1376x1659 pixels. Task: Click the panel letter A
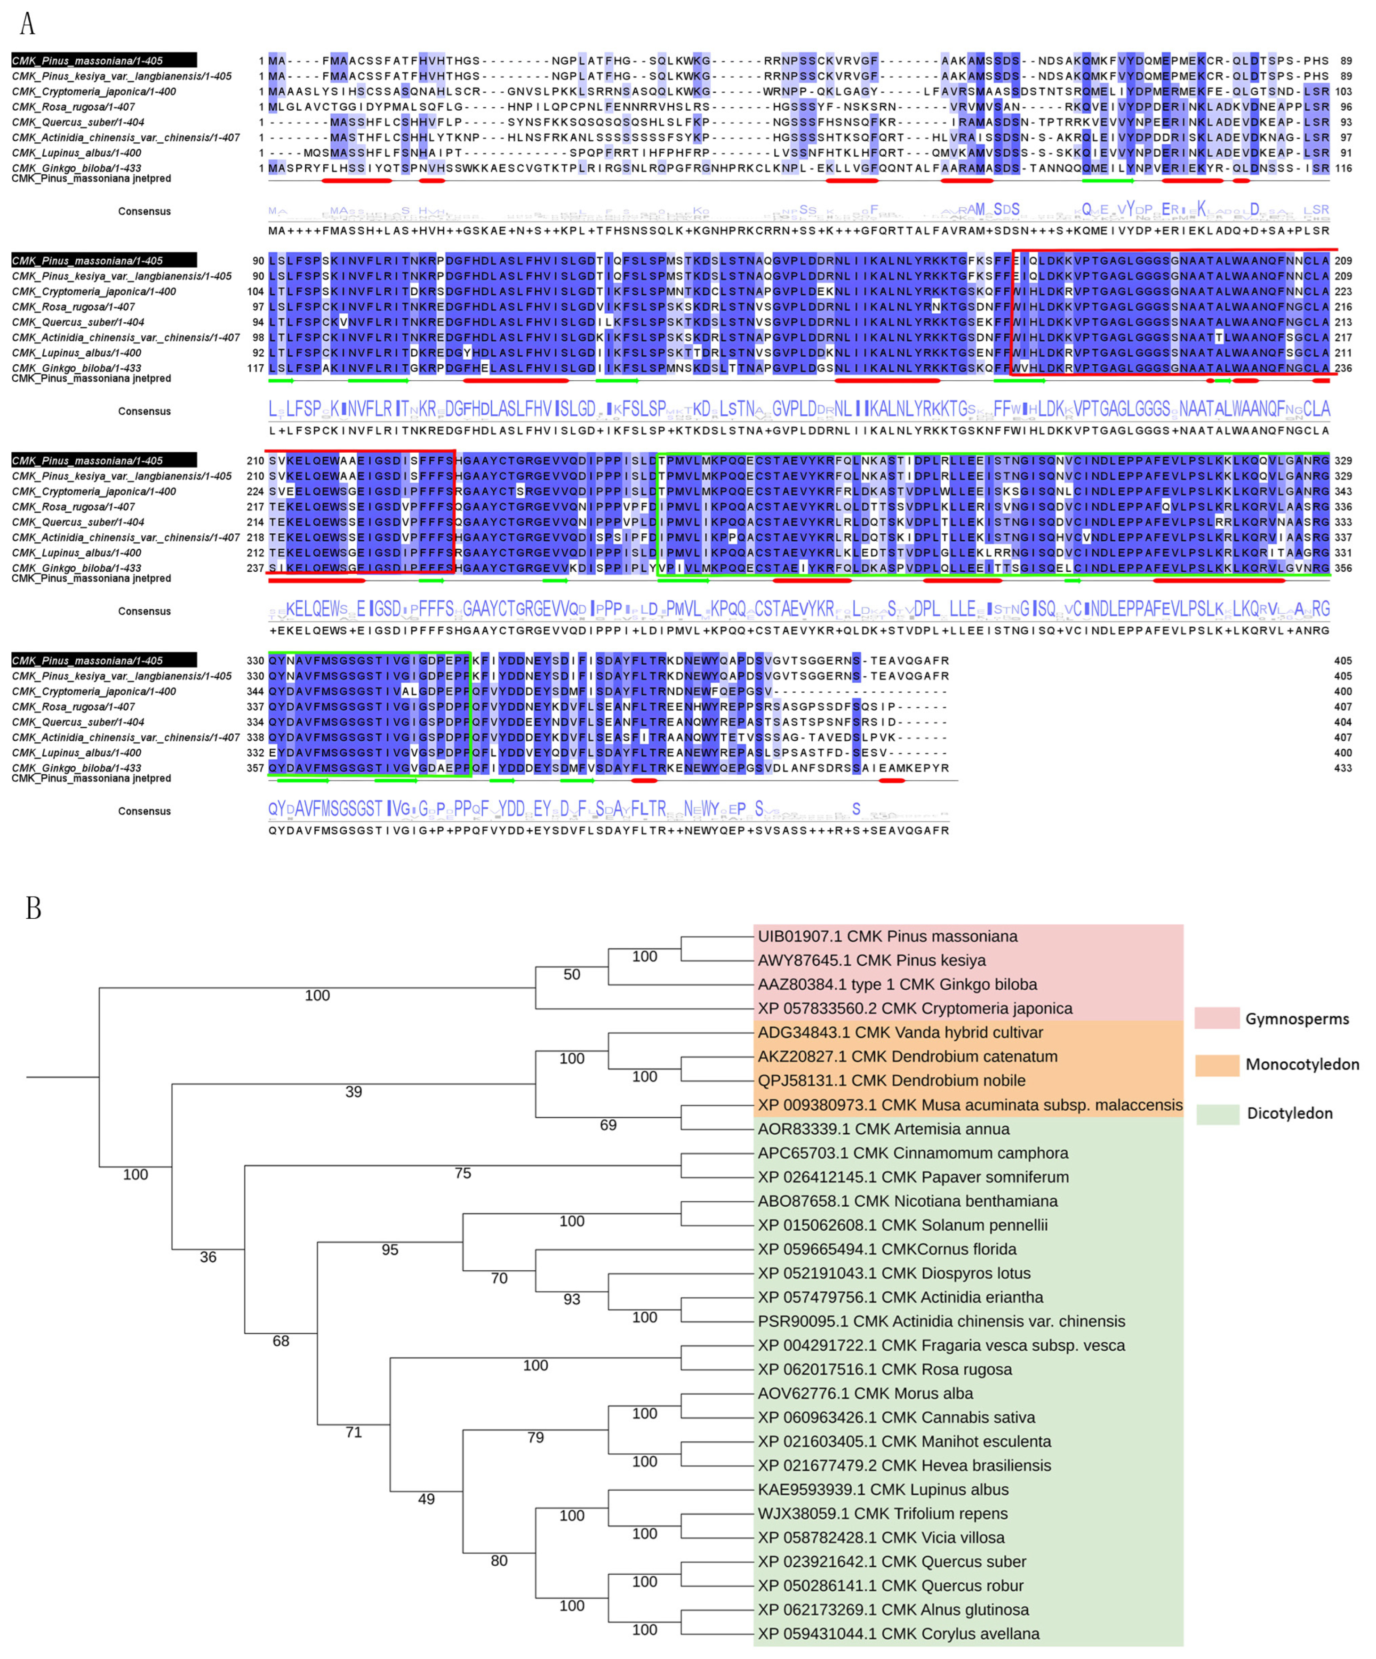(x=27, y=24)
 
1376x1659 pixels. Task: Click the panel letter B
(x=33, y=908)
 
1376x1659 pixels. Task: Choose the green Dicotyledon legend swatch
(x=1216, y=1114)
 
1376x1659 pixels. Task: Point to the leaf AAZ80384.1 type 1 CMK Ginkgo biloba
(x=897, y=985)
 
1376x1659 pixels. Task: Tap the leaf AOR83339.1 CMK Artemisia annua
(x=883, y=1129)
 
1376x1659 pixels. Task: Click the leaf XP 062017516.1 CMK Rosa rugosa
(x=885, y=1369)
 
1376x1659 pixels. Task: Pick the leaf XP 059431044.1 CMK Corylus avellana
(x=898, y=1633)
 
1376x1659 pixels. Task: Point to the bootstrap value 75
(x=463, y=1173)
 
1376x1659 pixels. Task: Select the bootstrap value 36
(x=208, y=1257)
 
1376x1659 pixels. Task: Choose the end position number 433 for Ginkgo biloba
(x=1343, y=768)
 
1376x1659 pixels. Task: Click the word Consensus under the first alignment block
(x=144, y=212)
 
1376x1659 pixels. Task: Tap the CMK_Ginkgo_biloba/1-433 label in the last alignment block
(x=77, y=768)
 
